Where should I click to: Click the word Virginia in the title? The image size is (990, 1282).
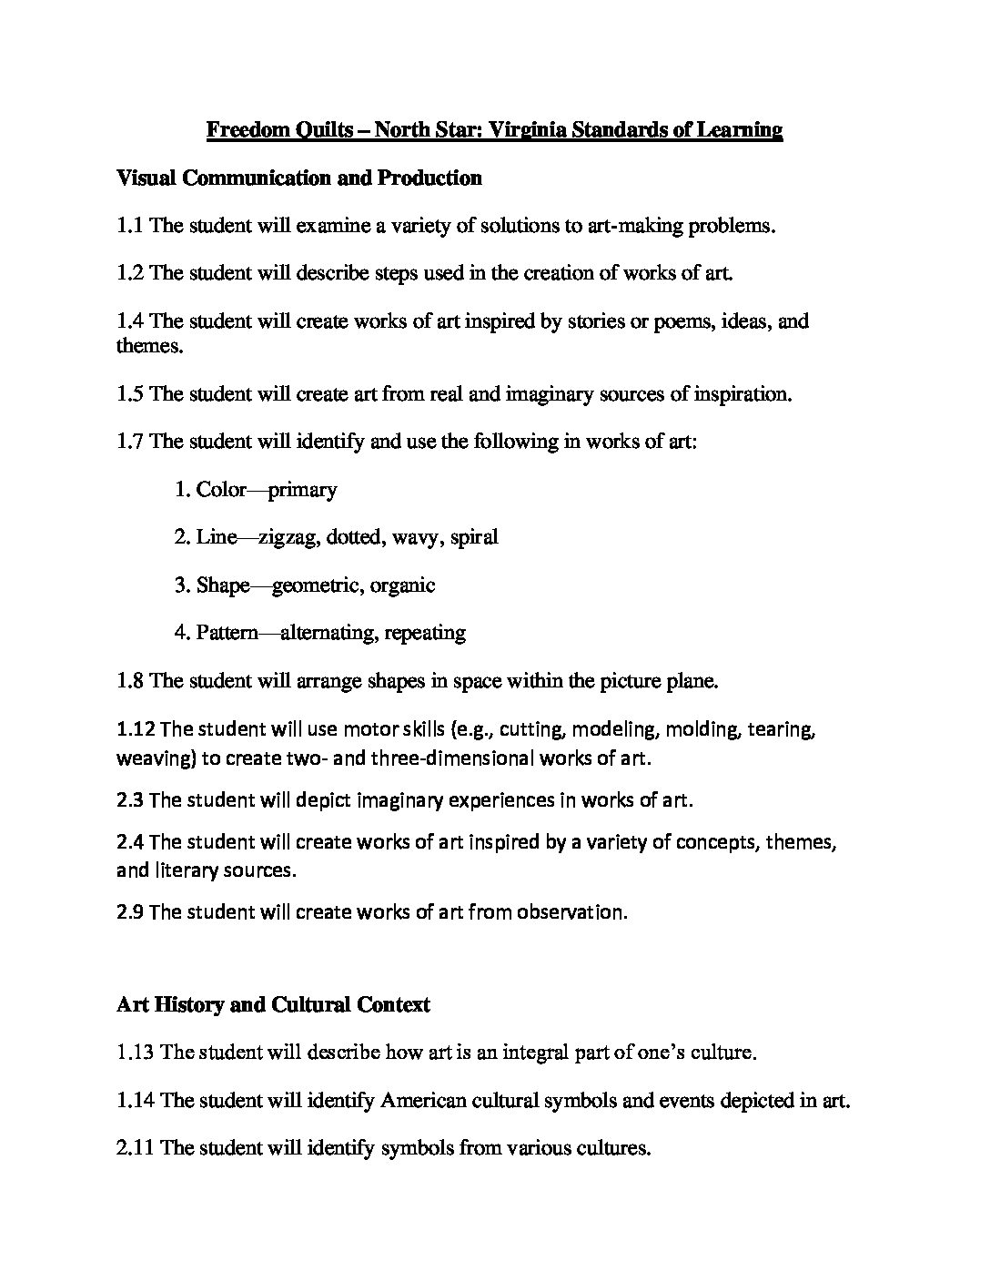click(x=526, y=130)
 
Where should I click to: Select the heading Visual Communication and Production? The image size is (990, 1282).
click(x=299, y=178)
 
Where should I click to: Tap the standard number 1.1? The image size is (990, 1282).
click(x=130, y=226)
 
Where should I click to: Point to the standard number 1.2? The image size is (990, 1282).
click(x=130, y=273)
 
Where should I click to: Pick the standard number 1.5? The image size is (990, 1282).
click(x=130, y=394)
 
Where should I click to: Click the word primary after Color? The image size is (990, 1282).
click(x=302, y=490)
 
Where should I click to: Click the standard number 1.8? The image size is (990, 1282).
click(x=130, y=680)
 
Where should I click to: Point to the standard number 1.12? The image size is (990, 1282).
click(x=136, y=729)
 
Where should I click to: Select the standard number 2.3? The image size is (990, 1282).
click(x=130, y=800)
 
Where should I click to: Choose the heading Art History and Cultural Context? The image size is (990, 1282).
click(x=273, y=1005)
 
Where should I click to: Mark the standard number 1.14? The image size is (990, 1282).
click(x=136, y=1101)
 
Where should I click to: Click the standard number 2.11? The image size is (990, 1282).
click(x=136, y=1148)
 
